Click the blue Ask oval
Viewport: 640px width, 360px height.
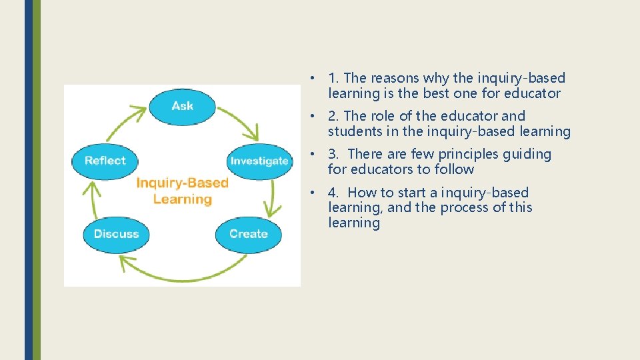click(182, 106)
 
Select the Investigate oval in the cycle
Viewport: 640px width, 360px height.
click(259, 161)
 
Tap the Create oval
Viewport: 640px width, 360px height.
click(248, 234)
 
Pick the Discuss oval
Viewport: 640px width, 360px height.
click(116, 234)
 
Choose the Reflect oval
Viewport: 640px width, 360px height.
click(105, 161)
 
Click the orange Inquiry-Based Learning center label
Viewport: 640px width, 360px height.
click(182, 191)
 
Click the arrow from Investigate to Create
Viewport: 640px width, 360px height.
click(272, 199)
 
